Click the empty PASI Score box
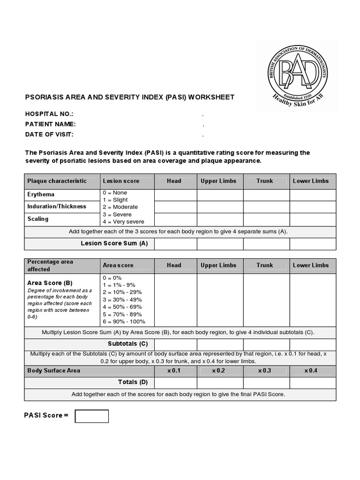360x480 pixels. pos(92,416)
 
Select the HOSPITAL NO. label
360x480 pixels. pos(49,114)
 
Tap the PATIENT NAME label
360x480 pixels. pos(50,124)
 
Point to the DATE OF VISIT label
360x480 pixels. pos(49,135)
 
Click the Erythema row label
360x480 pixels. pos(41,195)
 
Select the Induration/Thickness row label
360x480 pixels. pos(57,206)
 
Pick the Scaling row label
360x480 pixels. pos(38,219)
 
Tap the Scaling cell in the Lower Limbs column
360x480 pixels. pos(313,219)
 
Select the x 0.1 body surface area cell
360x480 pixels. pos(174,370)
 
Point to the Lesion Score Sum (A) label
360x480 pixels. pos(114,243)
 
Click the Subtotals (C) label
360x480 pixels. pos(128,344)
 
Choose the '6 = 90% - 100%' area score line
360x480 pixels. pos(124,322)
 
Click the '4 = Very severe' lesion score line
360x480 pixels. pos(123,222)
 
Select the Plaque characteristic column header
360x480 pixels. pos(57,181)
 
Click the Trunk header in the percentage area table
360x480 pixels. pos(265,265)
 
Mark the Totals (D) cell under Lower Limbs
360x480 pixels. pos(313,383)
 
